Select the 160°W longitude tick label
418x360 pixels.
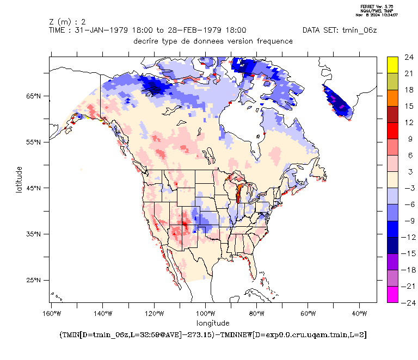pos(51,314)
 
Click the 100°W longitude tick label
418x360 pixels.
pos(206,314)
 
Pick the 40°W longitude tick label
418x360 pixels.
pos(360,314)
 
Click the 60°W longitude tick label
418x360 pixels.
pos(308,314)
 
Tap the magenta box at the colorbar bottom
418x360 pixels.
pos(393,294)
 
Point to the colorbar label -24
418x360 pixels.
pos(408,302)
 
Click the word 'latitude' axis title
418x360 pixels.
pos(19,179)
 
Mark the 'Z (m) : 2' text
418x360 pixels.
pos(67,22)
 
